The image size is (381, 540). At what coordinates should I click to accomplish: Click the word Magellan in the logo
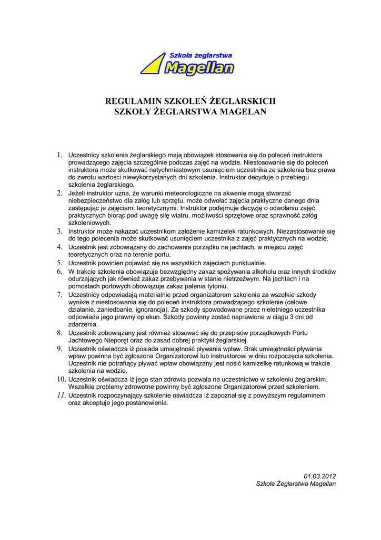[x=199, y=67]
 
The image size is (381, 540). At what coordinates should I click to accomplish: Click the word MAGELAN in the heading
[x=243, y=112]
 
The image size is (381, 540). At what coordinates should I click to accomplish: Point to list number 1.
[x=60, y=155]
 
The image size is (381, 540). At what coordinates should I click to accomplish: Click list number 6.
[x=60, y=271]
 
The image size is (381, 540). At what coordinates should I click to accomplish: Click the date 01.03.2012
[x=320, y=476]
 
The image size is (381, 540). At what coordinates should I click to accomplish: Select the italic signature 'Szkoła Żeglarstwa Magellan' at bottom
[x=296, y=484]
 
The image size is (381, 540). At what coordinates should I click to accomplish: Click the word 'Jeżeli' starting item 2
[x=78, y=194]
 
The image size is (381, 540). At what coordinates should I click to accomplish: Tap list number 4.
[x=60, y=247]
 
